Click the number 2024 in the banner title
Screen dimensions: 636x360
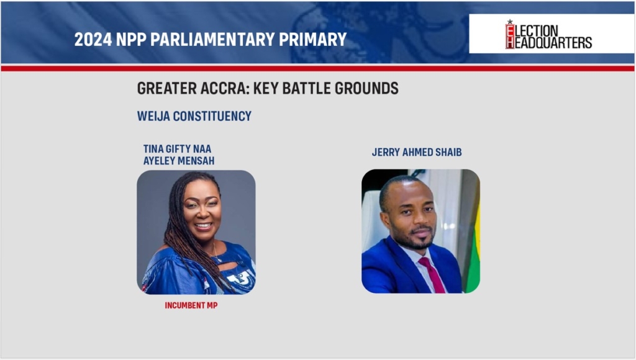(93, 39)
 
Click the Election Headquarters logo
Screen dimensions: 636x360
(548, 35)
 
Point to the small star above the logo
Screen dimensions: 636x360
(510, 22)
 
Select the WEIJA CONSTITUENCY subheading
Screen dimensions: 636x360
(194, 116)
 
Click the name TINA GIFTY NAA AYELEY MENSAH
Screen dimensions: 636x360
(178, 155)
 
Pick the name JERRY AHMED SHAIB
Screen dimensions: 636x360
(417, 153)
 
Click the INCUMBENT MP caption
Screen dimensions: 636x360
(191, 305)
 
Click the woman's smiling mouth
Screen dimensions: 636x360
(203, 225)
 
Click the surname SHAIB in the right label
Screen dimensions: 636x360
(448, 153)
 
